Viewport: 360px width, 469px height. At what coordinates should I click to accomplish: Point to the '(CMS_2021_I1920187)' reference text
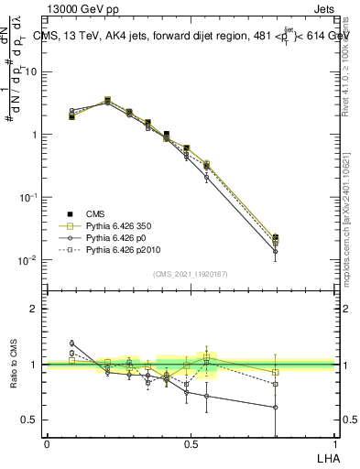(x=190, y=274)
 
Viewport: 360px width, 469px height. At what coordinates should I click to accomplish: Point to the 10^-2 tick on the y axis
(x=30, y=260)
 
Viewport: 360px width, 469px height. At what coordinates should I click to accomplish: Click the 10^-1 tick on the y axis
(x=30, y=197)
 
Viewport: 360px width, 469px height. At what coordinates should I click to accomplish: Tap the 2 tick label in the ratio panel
(x=37, y=309)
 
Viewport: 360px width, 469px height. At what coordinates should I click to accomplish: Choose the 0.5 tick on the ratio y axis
(x=32, y=420)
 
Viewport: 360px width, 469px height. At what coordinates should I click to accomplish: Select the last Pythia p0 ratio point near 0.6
(x=276, y=408)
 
